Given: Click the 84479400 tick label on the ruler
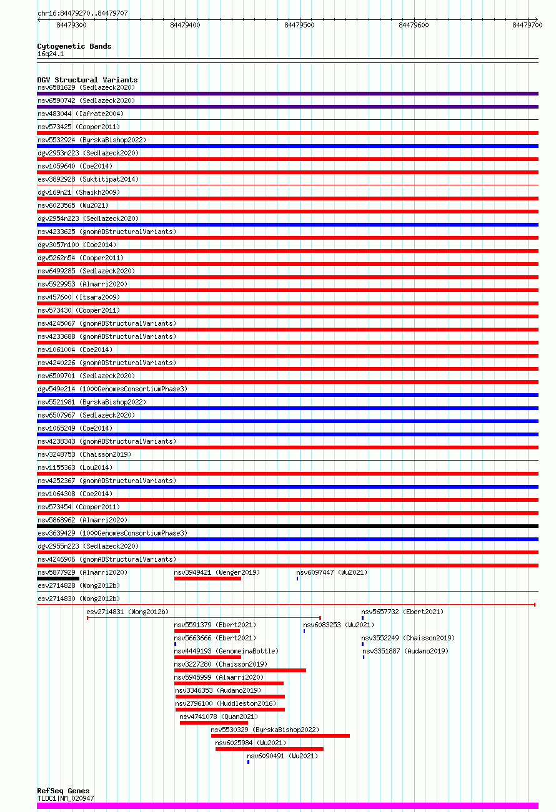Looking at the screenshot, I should [x=185, y=25].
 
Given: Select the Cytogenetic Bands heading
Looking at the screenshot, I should [x=74, y=46].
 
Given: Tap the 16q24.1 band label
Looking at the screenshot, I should [x=51, y=54].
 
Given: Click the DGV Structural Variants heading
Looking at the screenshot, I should [x=87, y=80].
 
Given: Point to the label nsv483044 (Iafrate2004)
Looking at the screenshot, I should [x=80, y=114].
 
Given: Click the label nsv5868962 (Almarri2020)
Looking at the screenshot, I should [x=82, y=520].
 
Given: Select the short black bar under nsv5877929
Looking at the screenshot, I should [x=58, y=579].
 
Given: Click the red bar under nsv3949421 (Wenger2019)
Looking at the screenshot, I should [x=207, y=579].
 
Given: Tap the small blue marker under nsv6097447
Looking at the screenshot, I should [x=297, y=579].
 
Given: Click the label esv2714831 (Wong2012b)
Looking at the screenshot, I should [x=127, y=612].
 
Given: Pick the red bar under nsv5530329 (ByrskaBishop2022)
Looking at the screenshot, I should [x=280, y=736].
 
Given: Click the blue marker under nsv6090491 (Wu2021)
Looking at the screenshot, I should [x=248, y=762].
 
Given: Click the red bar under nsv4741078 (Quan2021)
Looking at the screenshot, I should [x=214, y=723].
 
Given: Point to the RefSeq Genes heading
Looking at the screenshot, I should [x=63, y=791].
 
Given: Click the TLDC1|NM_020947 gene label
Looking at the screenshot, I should [x=66, y=798].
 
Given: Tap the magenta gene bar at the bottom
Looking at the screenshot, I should [x=287, y=806].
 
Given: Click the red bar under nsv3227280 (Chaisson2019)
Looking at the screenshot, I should [x=240, y=670].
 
